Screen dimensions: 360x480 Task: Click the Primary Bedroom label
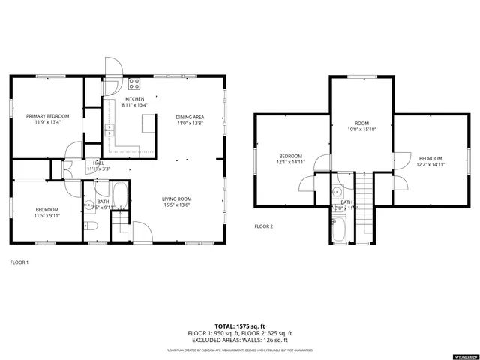48,116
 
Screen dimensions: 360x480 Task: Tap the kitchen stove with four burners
135,83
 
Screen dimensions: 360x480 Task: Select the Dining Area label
190,117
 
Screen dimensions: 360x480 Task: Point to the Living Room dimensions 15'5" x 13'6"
177,204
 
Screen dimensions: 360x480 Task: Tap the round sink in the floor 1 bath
88,204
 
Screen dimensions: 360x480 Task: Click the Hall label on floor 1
98,163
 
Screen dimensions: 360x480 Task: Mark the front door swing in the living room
140,230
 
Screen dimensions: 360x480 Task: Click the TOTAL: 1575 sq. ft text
239,326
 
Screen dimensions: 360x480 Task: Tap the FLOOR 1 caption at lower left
19,262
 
